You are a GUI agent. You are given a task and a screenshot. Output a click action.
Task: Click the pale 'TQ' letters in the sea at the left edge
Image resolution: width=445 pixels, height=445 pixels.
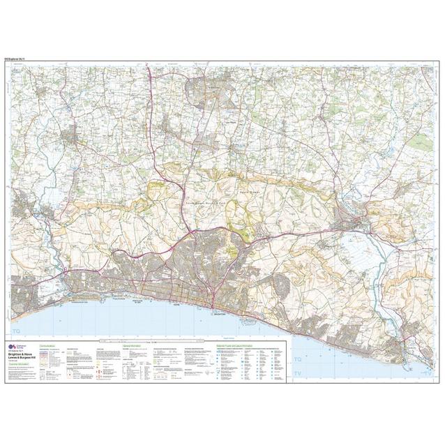[17, 331]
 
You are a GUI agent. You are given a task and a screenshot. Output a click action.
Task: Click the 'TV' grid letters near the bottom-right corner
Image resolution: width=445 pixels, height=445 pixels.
[425, 375]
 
